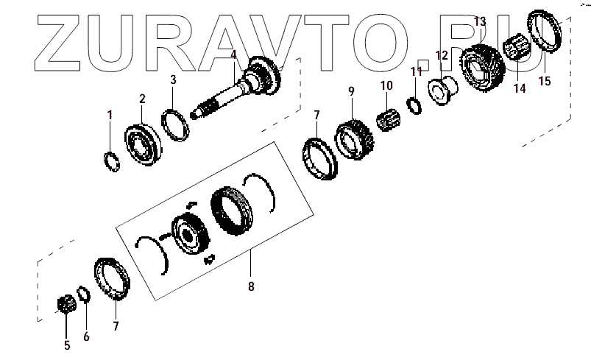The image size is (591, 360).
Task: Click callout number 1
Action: (x=110, y=115)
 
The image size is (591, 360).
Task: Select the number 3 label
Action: (x=173, y=80)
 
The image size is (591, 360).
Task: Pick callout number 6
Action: (x=86, y=337)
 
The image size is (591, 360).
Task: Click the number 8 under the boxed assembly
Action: (x=251, y=286)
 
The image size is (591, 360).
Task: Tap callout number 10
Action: (x=386, y=86)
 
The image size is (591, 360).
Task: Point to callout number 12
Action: (x=442, y=55)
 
